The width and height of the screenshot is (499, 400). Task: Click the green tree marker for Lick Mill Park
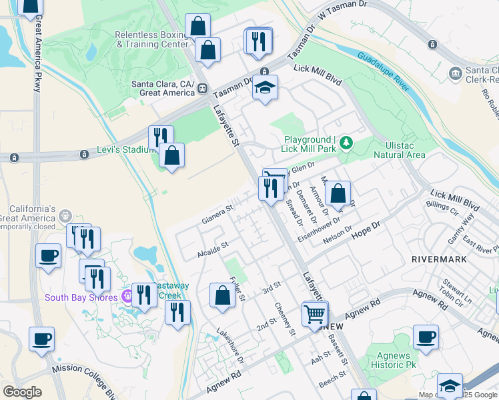coord(346,142)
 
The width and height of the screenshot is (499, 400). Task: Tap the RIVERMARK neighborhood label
coord(435,258)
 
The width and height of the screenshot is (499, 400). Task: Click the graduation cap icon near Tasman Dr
coord(265,89)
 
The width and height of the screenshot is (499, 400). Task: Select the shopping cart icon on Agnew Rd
coord(314,313)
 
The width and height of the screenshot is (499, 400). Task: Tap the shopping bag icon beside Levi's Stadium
coord(171,156)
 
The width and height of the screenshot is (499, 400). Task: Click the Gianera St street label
coord(217,214)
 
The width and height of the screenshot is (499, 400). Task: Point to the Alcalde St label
coord(213,250)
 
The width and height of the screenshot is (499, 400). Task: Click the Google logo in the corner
coord(22,391)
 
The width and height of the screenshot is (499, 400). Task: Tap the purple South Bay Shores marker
coord(126,297)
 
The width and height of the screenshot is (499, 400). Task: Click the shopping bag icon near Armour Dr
coord(338,194)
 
